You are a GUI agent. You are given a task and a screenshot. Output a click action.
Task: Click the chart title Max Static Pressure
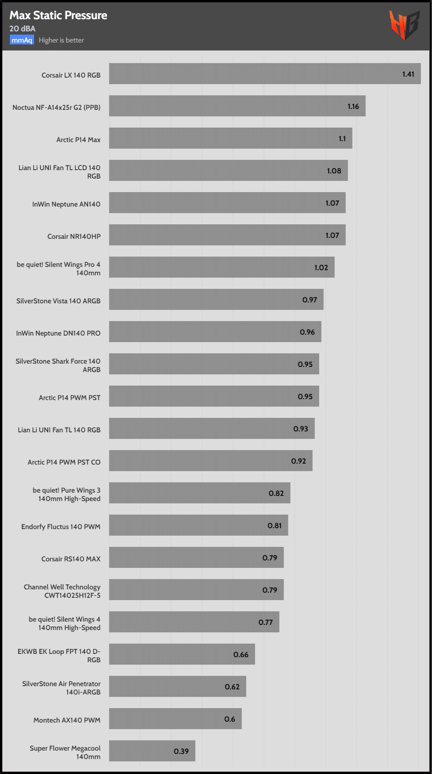click(59, 15)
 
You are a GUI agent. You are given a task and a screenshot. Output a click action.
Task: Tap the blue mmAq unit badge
click(22, 40)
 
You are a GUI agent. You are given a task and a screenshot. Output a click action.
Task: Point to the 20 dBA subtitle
click(22, 29)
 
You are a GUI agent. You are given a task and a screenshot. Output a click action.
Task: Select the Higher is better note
click(61, 40)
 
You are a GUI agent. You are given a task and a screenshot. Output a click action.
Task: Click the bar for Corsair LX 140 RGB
click(265, 74)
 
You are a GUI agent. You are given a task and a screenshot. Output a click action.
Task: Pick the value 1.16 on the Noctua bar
click(353, 107)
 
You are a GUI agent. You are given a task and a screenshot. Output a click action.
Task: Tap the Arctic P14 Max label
click(78, 140)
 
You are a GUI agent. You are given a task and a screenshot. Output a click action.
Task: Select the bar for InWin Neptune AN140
click(227, 203)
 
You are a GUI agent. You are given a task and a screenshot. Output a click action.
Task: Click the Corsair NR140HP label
click(74, 236)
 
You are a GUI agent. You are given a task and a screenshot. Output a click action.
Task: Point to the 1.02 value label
click(321, 268)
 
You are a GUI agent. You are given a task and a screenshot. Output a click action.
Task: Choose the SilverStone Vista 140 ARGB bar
click(216, 300)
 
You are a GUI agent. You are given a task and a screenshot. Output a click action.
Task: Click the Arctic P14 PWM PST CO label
click(64, 462)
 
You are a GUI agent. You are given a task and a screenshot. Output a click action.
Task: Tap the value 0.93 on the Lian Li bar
click(300, 429)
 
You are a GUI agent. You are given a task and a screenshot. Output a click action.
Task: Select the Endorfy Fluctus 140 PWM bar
click(198, 525)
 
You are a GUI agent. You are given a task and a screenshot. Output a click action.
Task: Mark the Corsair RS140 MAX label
click(71, 559)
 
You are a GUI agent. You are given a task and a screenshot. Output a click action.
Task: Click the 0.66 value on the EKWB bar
click(241, 655)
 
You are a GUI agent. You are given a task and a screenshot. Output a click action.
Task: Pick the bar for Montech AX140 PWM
click(176, 719)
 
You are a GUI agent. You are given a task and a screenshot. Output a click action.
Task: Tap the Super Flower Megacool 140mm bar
click(152, 751)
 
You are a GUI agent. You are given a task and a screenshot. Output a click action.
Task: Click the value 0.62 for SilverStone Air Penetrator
click(232, 687)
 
